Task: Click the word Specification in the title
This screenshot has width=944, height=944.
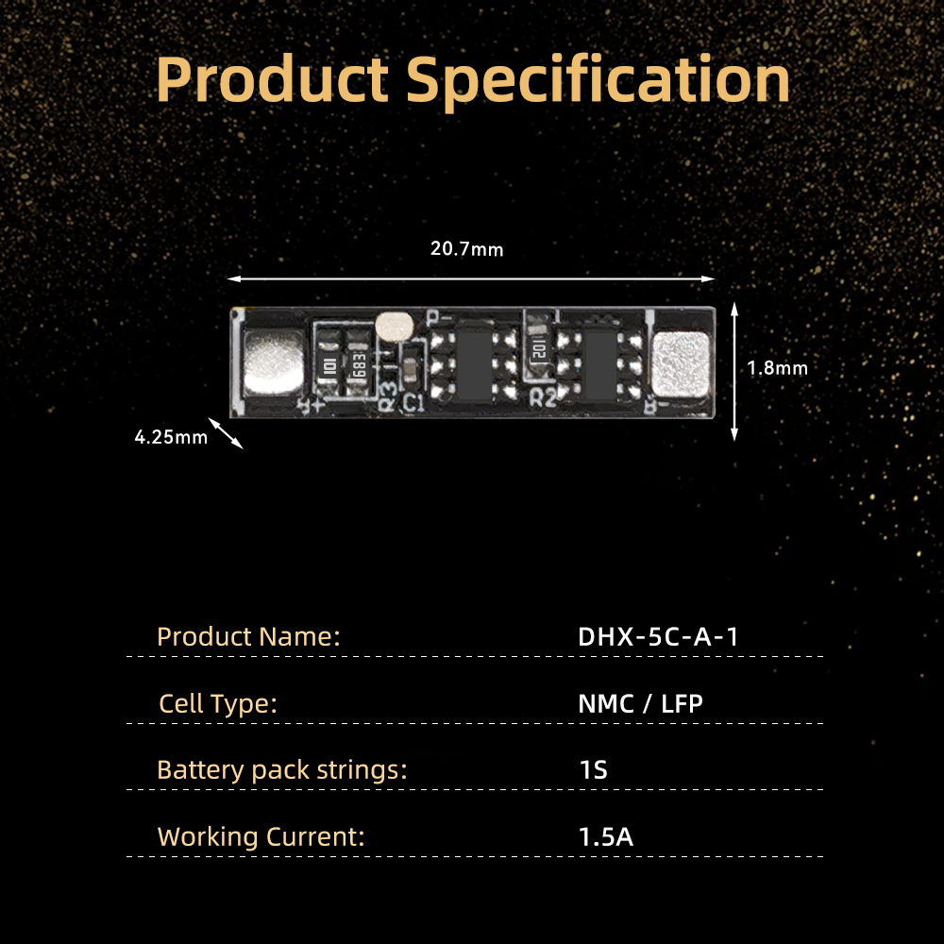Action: (598, 82)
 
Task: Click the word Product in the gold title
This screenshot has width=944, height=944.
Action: (272, 79)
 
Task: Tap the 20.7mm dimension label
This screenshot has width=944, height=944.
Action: (466, 248)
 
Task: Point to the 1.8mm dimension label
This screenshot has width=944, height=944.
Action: (777, 368)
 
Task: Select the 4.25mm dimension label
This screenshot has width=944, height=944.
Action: (171, 437)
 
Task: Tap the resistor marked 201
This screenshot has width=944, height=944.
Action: (539, 345)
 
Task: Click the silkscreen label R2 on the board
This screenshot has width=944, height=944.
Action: (543, 398)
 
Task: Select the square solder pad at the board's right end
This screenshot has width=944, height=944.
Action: (681, 364)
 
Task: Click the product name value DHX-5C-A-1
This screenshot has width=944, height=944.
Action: (658, 636)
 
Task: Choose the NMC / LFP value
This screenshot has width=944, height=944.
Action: (640, 703)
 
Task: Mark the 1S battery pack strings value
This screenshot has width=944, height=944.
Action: (593, 770)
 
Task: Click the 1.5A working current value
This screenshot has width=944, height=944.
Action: (606, 836)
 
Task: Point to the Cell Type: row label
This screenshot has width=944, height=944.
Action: (218, 704)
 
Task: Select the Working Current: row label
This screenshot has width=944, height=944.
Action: (261, 836)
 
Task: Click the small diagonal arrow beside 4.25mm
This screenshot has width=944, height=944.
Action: (226, 433)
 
